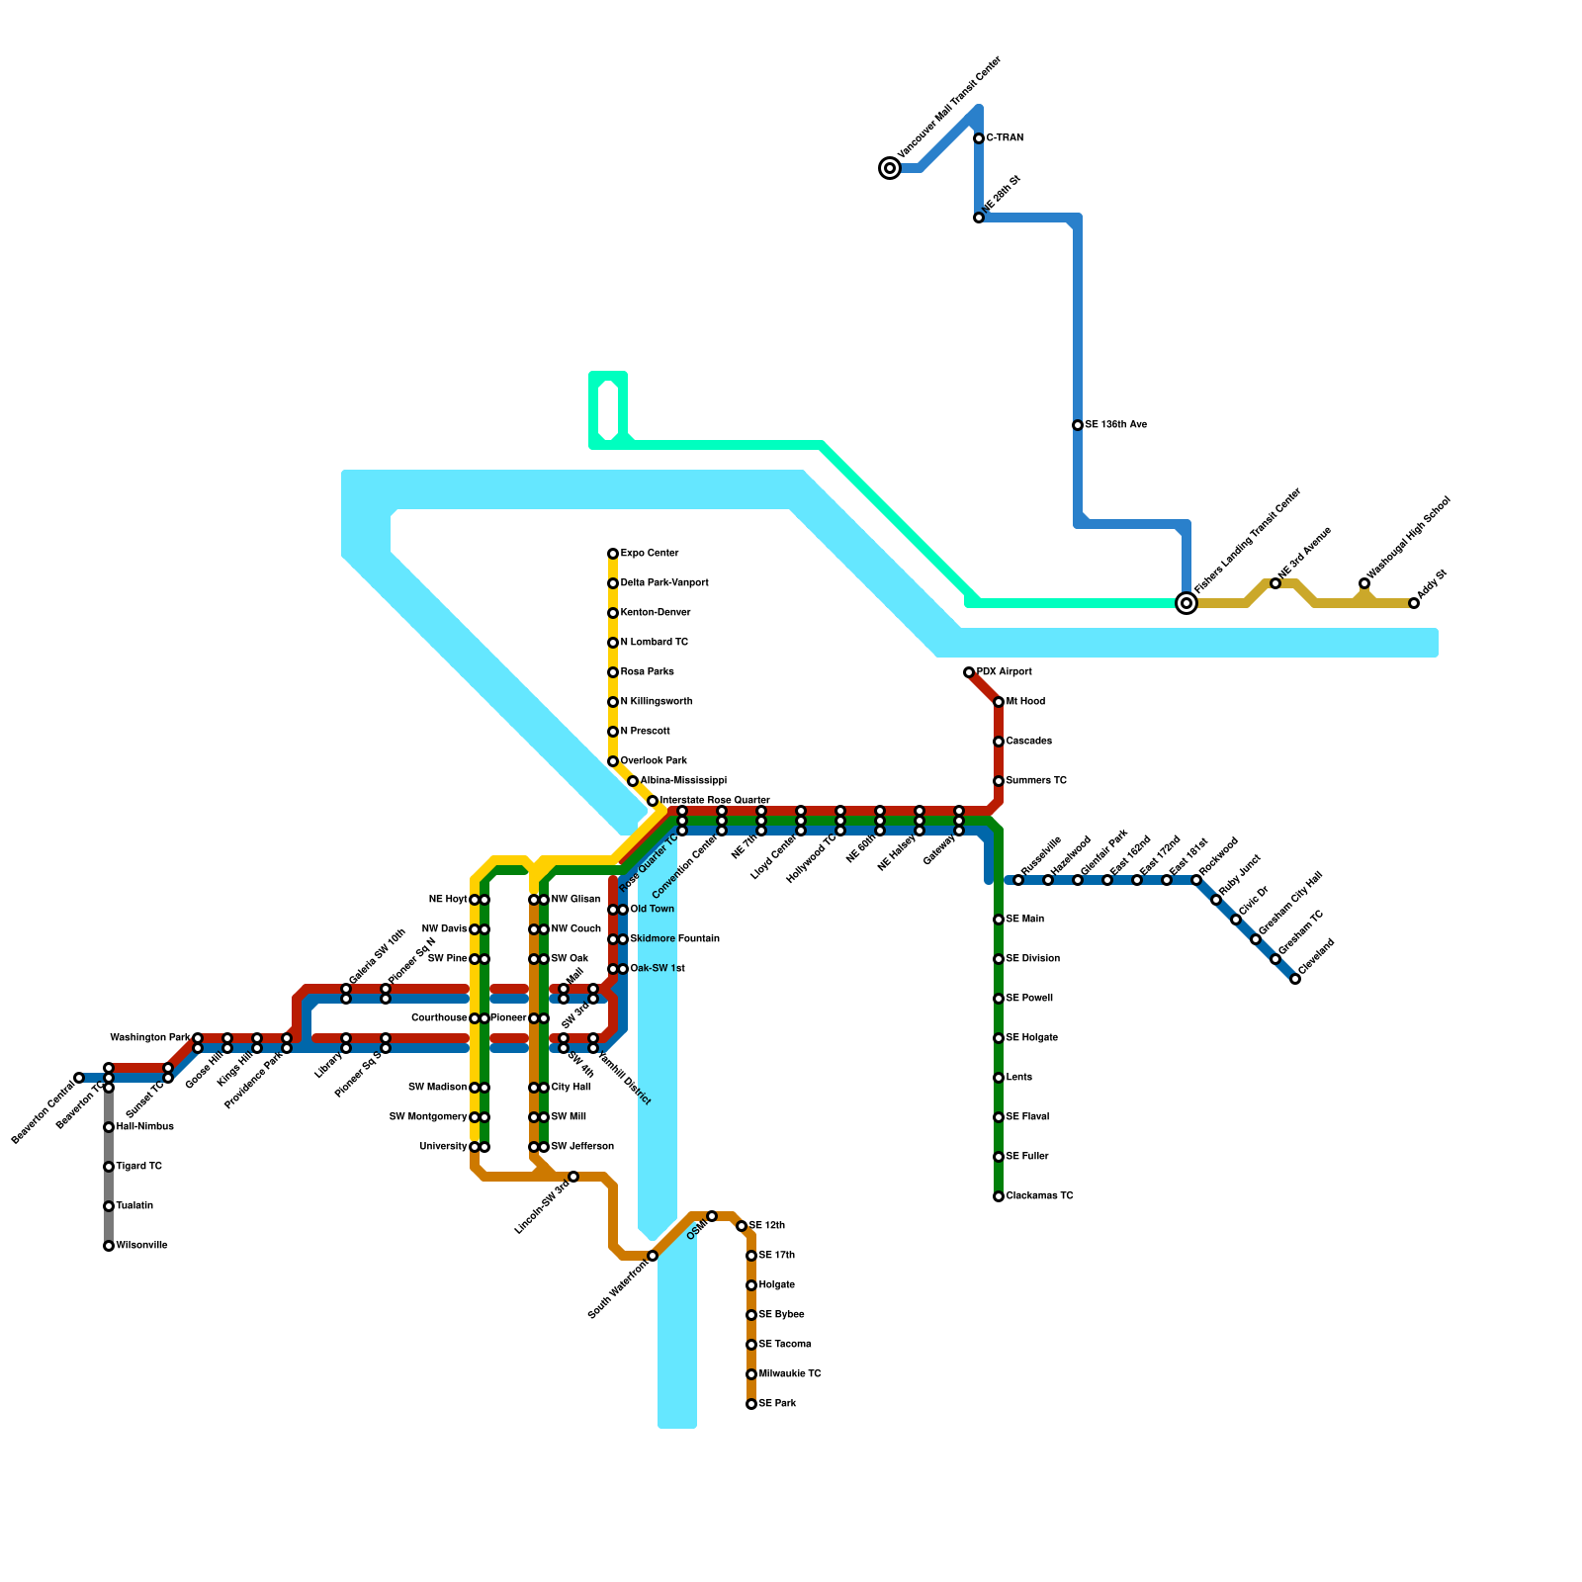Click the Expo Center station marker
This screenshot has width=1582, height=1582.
[x=613, y=554]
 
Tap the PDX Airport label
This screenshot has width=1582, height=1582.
[x=1004, y=672]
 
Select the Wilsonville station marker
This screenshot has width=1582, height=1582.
[x=109, y=1246]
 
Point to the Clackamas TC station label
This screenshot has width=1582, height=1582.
[x=1039, y=1196]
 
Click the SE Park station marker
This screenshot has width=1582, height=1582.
[x=751, y=1404]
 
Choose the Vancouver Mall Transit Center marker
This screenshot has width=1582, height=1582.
[x=890, y=168]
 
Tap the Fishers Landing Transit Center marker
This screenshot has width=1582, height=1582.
[x=1186, y=603]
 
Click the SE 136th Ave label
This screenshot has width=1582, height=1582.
[x=1115, y=425]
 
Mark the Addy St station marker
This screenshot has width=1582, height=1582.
[x=1414, y=603]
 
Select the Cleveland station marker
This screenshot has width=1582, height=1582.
[x=1295, y=979]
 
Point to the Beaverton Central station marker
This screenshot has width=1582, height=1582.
[x=79, y=1078]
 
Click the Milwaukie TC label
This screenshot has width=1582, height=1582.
[x=790, y=1374]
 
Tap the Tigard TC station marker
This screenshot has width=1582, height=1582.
[x=109, y=1167]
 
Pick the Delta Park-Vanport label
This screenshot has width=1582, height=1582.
[x=664, y=583]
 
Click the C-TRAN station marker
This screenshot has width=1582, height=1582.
[x=979, y=138]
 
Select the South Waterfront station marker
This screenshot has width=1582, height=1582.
[x=653, y=1256]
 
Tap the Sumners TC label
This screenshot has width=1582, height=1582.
[x=1036, y=781]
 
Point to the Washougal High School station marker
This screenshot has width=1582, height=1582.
[x=1364, y=583]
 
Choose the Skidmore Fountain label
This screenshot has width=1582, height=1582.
[x=674, y=939]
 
